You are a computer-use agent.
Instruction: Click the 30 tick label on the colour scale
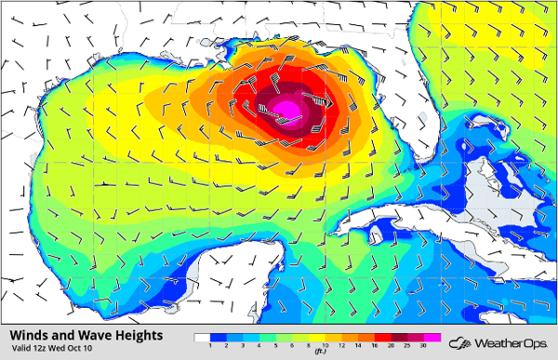click(422, 345)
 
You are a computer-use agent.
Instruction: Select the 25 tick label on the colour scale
click(406, 345)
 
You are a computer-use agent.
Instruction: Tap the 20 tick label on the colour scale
click(391, 345)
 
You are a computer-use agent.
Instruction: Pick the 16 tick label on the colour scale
click(375, 345)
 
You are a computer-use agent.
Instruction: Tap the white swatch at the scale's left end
click(203, 337)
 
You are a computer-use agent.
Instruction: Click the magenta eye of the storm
click(289, 111)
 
